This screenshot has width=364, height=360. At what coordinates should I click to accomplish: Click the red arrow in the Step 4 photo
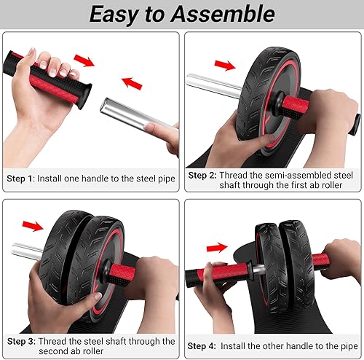pyautogui.click(x=216, y=248)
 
